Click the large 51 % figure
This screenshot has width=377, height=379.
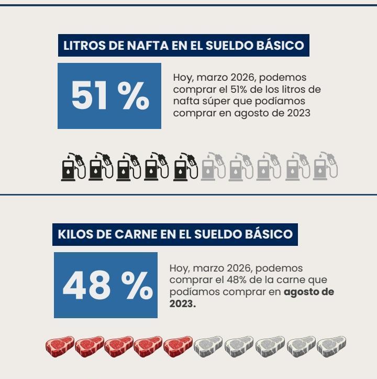(x=109, y=96)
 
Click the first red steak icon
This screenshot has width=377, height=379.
(x=59, y=345)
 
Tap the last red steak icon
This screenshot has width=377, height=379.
(x=178, y=345)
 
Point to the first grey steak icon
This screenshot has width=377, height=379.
(x=208, y=345)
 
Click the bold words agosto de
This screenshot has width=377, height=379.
(x=309, y=292)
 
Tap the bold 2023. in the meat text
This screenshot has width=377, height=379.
(x=182, y=304)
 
